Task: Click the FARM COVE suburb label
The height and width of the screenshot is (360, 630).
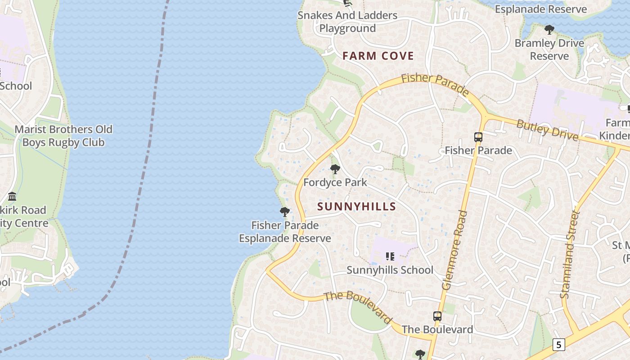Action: pyautogui.click(x=378, y=56)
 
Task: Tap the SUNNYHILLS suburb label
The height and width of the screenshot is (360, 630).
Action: pyautogui.click(x=356, y=207)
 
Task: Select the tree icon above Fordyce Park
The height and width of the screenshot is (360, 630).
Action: pyautogui.click(x=335, y=169)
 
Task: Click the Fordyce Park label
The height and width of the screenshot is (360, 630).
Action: pyautogui.click(x=335, y=182)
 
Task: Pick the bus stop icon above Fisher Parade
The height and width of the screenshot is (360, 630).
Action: pyautogui.click(x=478, y=137)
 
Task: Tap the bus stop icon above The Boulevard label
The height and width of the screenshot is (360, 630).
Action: pyautogui.click(x=437, y=316)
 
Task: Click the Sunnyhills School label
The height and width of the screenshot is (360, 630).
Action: pyautogui.click(x=390, y=270)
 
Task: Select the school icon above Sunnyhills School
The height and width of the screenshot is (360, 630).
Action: pyautogui.click(x=390, y=256)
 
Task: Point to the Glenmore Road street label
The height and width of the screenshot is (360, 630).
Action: pyautogui.click(x=455, y=250)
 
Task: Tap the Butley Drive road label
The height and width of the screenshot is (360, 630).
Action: pyautogui.click(x=547, y=130)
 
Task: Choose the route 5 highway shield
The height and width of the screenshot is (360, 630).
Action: pyautogui.click(x=558, y=345)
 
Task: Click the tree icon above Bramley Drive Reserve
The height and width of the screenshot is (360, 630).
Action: pyautogui.click(x=549, y=30)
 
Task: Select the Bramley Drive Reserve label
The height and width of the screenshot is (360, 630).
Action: pyautogui.click(x=549, y=49)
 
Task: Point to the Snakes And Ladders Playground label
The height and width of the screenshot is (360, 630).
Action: pyautogui.click(x=347, y=22)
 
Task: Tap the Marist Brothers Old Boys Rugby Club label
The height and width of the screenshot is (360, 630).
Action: pyautogui.click(x=63, y=136)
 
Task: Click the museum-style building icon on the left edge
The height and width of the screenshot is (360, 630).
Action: pyautogui.click(x=12, y=197)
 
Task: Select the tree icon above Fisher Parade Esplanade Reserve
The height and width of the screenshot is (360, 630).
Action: pyautogui.click(x=284, y=212)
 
